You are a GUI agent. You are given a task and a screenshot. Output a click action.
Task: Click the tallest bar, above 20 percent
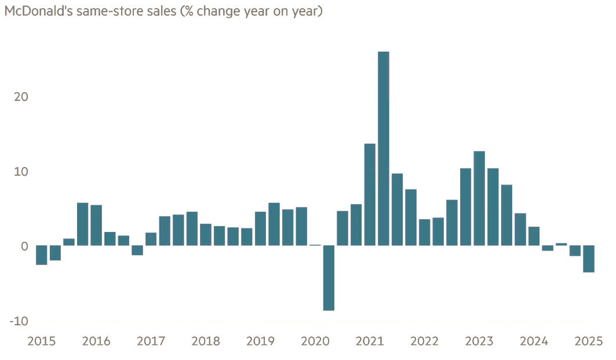click(x=383, y=148)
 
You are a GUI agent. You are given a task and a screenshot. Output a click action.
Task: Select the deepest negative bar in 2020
click(x=329, y=278)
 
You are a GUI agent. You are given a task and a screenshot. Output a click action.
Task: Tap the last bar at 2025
click(x=589, y=259)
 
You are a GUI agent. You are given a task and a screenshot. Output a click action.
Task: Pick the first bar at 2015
click(x=41, y=255)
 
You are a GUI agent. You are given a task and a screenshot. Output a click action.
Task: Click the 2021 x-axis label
click(x=370, y=341)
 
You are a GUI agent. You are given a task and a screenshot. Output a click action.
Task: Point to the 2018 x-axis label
click(x=206, y=341)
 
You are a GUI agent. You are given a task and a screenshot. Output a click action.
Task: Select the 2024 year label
click(x=534, y=341)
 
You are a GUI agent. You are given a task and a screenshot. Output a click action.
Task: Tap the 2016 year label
click(x=96, y=341)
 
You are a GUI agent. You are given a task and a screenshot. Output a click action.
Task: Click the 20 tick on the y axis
click(x=21, y=97)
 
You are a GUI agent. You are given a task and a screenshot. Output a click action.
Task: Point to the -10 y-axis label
click(x=19, y=321)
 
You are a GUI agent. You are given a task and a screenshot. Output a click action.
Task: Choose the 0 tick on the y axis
click(x=24, y=246)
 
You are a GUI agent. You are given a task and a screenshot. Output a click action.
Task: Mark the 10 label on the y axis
click(x=21, y=172)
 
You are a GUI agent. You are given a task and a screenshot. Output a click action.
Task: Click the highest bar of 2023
click(x=479, y=198)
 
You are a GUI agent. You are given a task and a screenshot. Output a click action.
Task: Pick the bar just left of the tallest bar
click(x=370, y=194)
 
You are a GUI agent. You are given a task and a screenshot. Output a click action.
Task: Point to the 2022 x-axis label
click(x=424, y=341)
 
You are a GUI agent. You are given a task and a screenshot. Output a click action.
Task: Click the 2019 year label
click(x=260, y=341)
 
